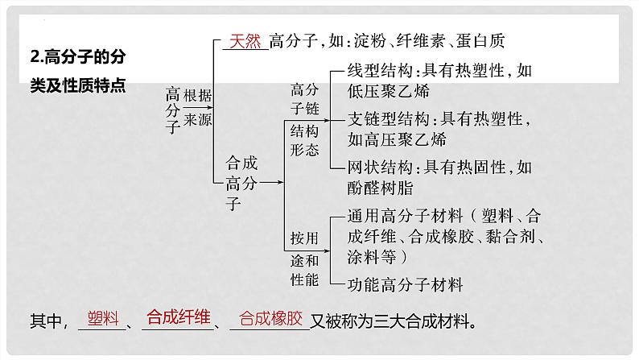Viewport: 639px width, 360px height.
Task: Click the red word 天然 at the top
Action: (x=245, y=41)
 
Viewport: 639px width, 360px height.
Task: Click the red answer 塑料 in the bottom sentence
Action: (x=103, y=318)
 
